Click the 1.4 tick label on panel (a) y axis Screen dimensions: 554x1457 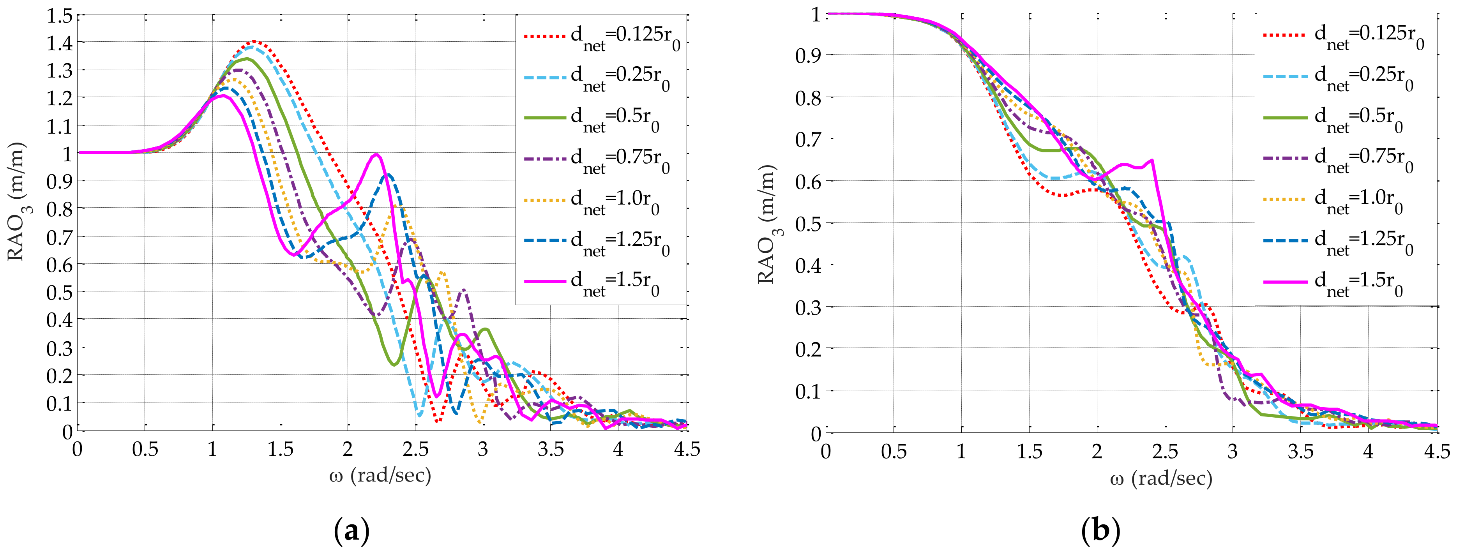(59, 43)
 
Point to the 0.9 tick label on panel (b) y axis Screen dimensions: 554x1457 (808, 55)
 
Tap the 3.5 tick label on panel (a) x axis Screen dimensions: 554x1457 (550, 450)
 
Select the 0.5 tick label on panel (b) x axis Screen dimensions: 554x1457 (894, 452)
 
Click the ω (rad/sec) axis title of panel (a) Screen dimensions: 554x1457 (380, 476)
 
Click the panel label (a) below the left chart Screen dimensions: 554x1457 (352, 532)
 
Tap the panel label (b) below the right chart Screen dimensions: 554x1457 (1100, 532)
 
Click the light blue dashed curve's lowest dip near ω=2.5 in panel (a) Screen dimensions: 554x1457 (419, 415)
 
